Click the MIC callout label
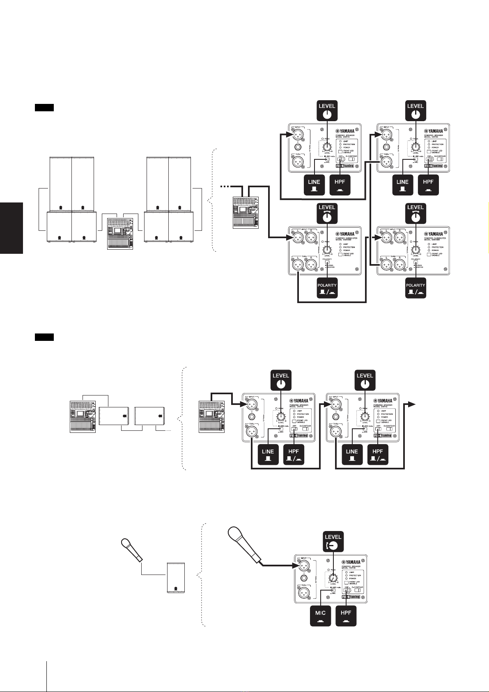[320, 615]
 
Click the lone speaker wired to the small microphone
[175, 578]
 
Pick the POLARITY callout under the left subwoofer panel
[327, 288]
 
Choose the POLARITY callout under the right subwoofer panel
[416, 288]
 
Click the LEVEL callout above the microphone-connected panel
[333, 541]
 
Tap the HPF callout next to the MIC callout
[346, 615]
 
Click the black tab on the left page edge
[11, 228]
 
